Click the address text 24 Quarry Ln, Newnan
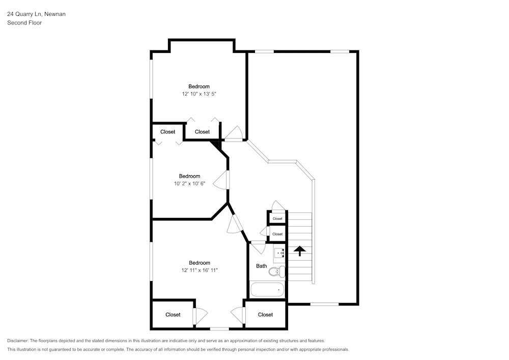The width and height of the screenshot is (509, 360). [x=36, y=14]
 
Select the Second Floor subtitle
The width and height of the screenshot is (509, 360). [x=24, y=23]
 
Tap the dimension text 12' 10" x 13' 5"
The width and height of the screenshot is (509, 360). [x=199, y=94]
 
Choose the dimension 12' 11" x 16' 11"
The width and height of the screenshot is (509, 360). [x=199, y=270]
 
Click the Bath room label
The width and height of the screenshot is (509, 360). [x=261, y=266]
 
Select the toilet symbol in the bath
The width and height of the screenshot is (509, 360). [x=276, y=271]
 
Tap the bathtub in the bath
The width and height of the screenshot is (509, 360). [x=267, y=290]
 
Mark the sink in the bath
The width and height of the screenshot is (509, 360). [x=279, y=252]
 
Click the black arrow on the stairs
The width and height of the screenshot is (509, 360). [x=299, y=251]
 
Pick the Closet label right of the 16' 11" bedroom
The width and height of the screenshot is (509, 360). [x=265, y=315]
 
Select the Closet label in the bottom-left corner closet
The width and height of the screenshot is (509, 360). [x=173, y=315]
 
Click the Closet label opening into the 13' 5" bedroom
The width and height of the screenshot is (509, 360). [x=202, y=132]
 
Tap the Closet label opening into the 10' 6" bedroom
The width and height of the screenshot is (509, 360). [x=167, y=132]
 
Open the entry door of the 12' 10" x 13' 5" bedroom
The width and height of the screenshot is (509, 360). [x=234, y=134]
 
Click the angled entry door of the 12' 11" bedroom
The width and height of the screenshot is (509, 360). [x=235, y=224]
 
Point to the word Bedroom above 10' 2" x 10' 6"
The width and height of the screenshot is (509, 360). [x=189, y=176]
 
